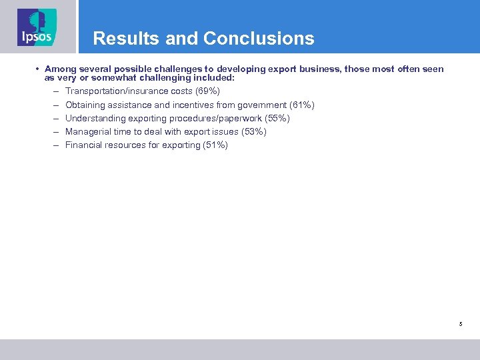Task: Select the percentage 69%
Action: [207, 91]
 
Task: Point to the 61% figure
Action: [302, 105]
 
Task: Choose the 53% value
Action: [254, 131]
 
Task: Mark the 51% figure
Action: [215, 145]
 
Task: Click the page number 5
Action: [460, 324]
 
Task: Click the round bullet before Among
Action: [39, 69]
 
